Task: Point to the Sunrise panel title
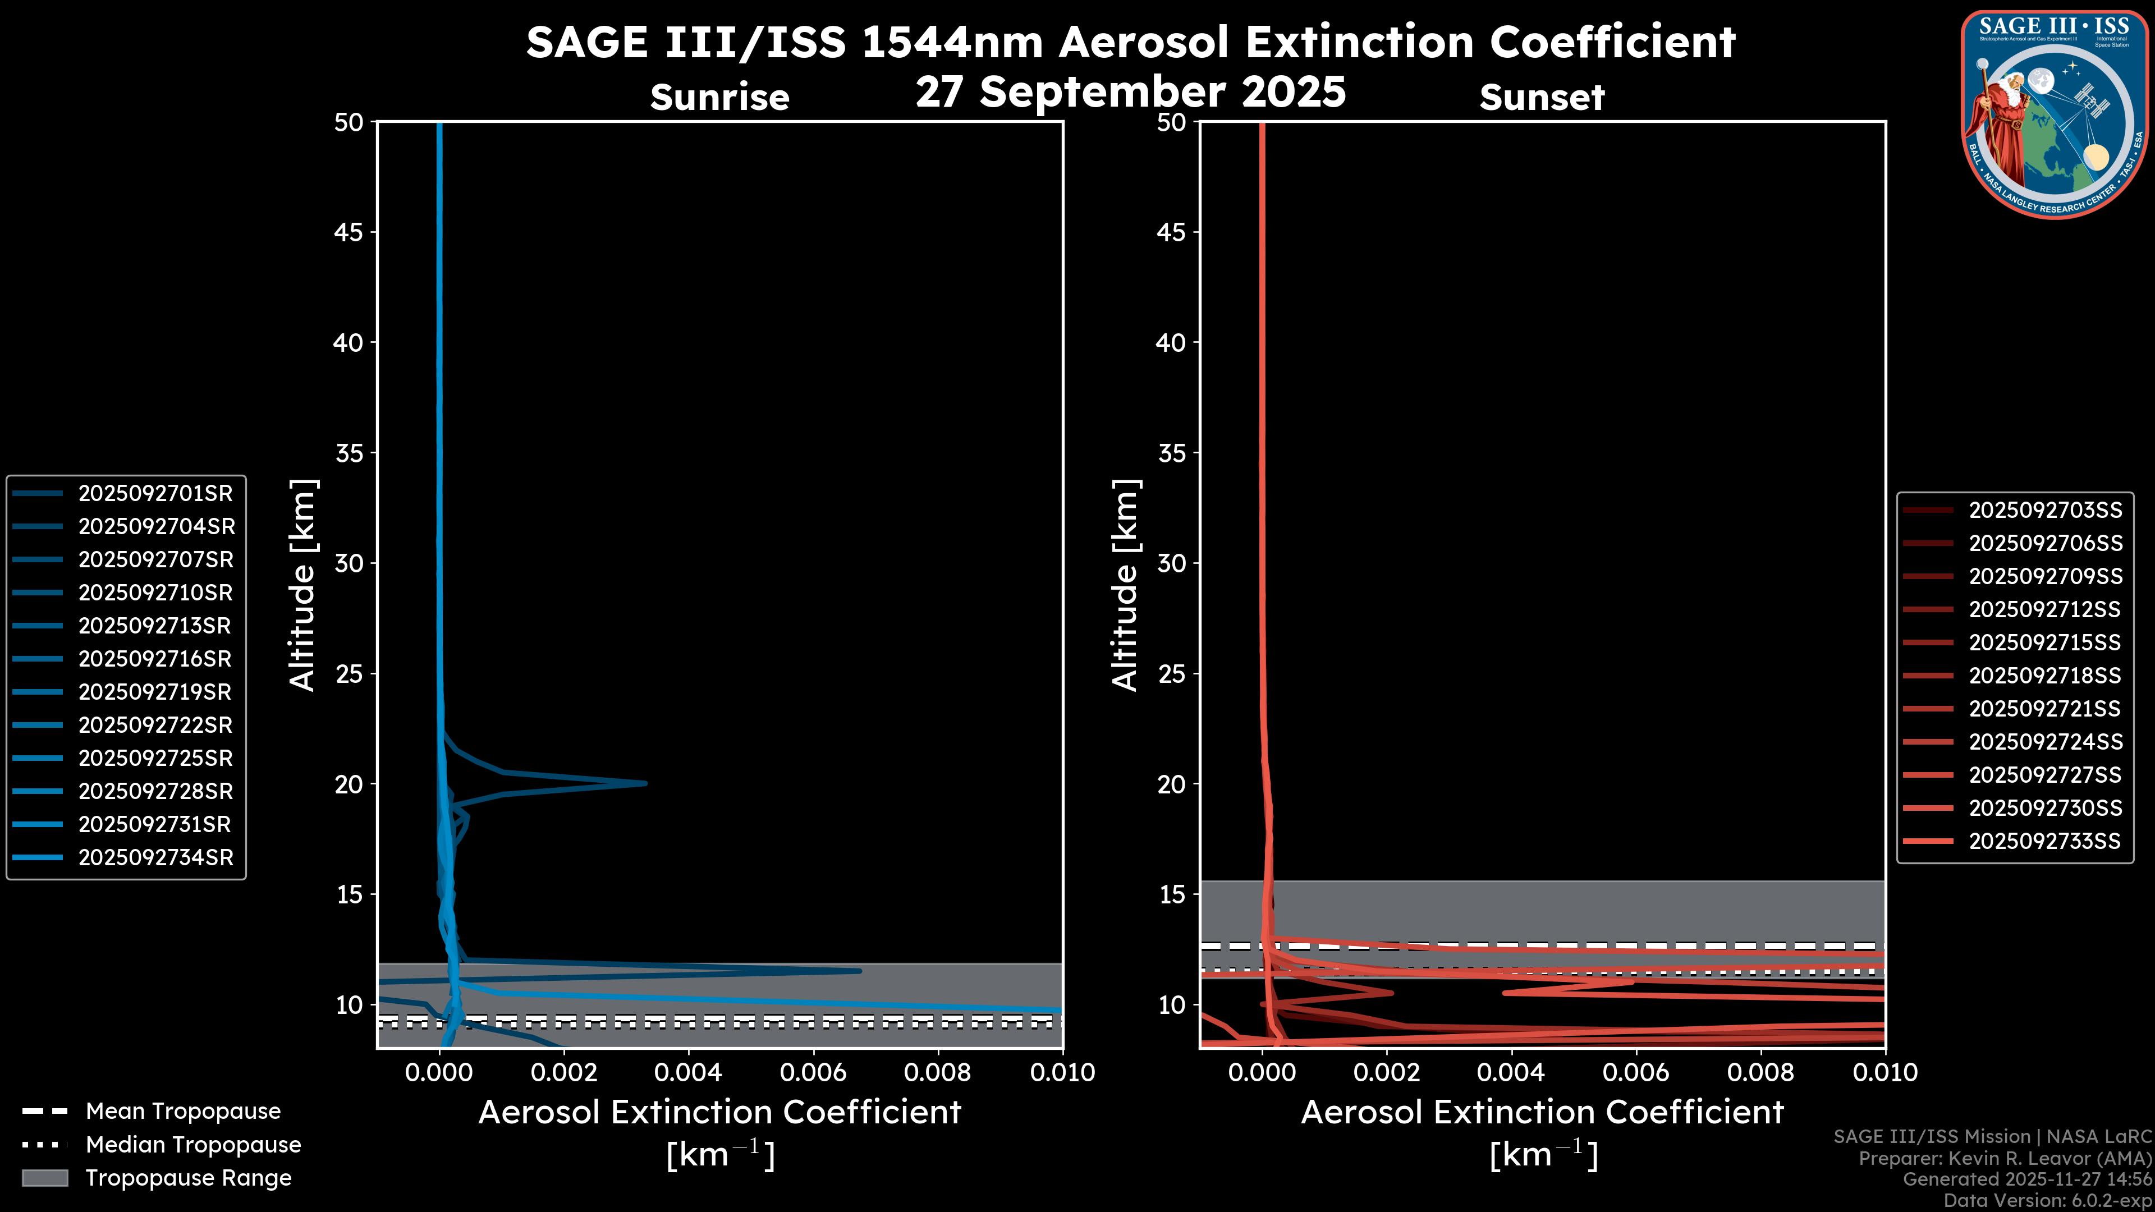tap(719, 98)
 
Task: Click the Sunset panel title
tap(1542, 98)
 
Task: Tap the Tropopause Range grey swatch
tap(45, 1178)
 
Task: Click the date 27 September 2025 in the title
tap(1130, 92)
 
